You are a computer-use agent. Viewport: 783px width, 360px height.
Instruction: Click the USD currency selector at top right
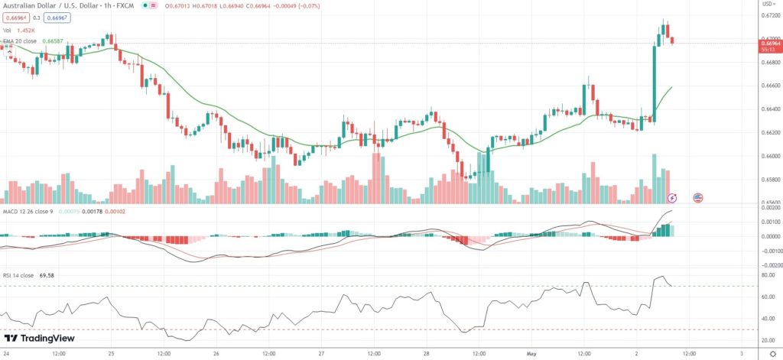click(767, 5)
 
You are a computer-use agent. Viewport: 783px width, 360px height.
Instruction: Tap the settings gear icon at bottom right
click(772, 355)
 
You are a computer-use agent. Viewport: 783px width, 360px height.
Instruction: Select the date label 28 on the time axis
click(427, 355)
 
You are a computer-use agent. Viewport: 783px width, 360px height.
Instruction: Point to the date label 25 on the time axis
click(112, 355)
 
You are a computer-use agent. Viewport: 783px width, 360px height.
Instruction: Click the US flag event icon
click(697, 197)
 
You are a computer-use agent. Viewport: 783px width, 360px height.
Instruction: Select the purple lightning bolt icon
click(672, 197)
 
